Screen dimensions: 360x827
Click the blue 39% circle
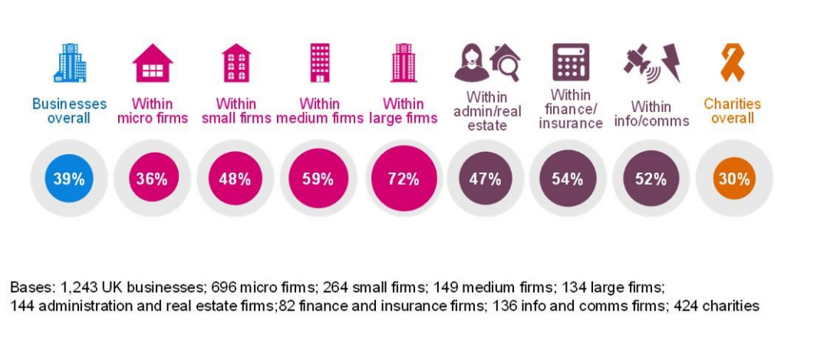[x=68, y=179]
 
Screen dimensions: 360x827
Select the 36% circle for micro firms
[x=152, y=179]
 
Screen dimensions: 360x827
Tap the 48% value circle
[x=235, y=179]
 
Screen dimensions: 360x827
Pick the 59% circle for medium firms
[x=318, y=179]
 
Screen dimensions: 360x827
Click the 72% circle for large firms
[x=403, y=179]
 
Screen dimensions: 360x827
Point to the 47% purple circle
[x=485, y=179]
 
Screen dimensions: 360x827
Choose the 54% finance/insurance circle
[x=568, y=179]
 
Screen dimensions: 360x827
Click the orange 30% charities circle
[x=734, y=179]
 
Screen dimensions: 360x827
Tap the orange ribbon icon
[x=732, y=62]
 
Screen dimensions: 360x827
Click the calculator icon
[x=571, y=62]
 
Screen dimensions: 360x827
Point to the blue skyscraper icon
[x=70, y=62]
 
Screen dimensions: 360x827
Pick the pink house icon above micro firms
[x=152, y=63]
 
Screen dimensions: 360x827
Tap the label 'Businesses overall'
[x=70, y=111]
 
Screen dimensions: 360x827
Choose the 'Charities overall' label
[x=733, y=111]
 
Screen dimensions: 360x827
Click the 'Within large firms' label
[x=403, y=111]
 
